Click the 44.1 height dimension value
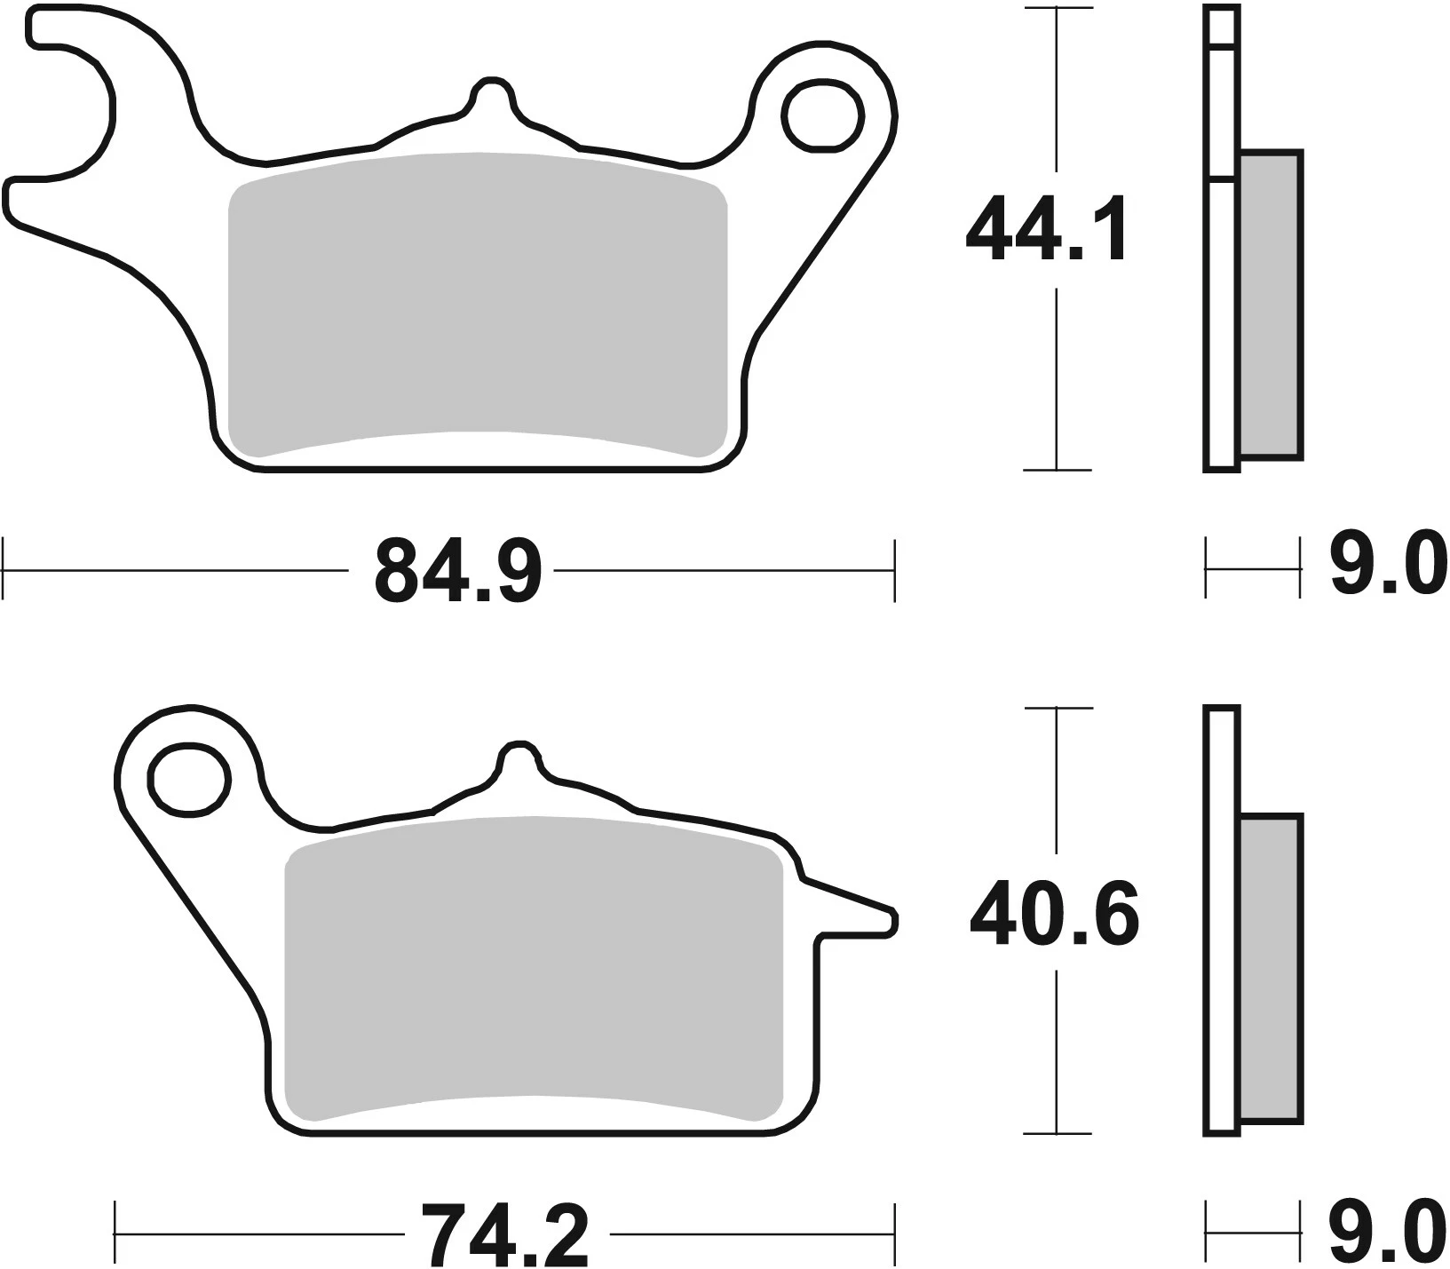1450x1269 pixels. [1048, 231]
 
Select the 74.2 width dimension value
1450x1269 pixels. [504, 1235]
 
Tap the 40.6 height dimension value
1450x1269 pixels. [1054, 914]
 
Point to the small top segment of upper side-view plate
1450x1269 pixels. [1222, 25]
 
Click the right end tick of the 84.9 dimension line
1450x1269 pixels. [894, 570]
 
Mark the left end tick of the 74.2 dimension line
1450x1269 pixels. [116, 1234]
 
